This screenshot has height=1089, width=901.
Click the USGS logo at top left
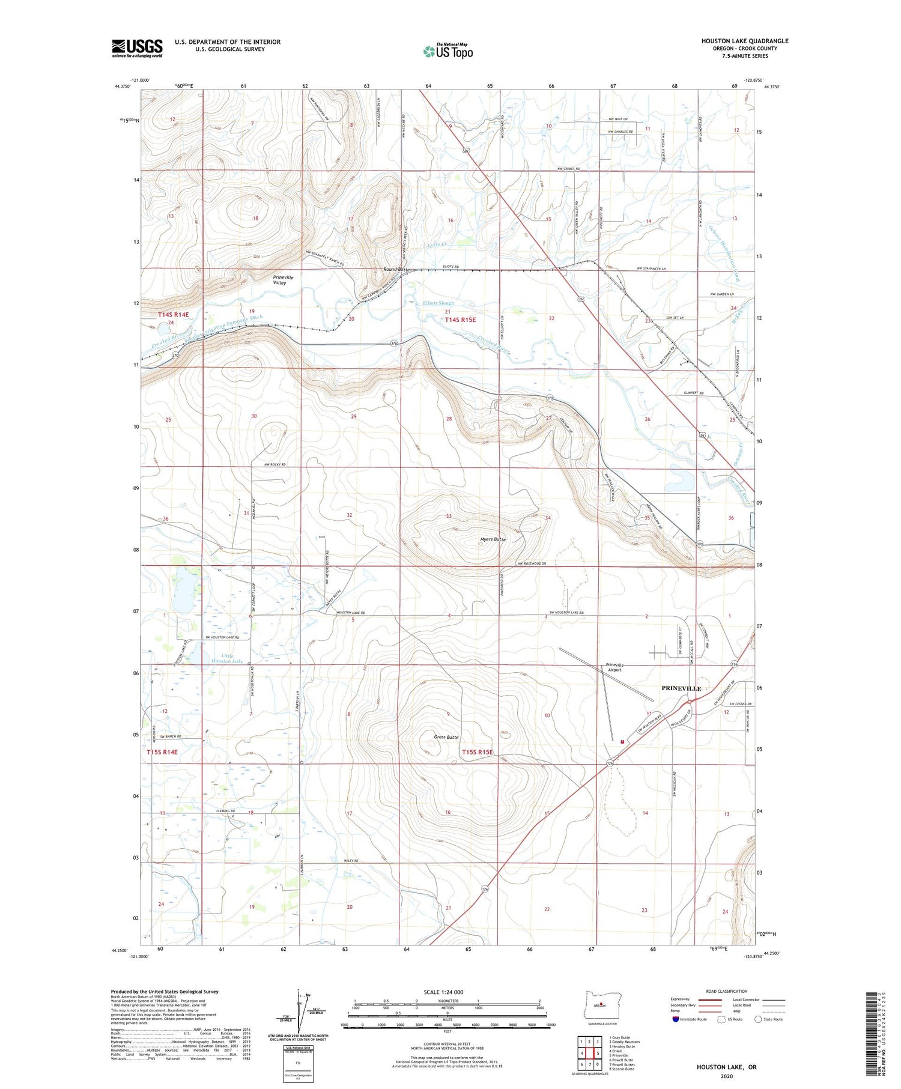[137, 48]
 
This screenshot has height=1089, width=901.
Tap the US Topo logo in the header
[448, 51]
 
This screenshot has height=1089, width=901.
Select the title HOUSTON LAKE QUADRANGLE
[745, 41]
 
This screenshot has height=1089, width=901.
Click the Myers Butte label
[493, 539]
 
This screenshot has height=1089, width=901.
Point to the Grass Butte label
[446, 737]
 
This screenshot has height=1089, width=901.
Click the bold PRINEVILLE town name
[681, 688]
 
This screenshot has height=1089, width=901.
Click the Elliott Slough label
[438, 303]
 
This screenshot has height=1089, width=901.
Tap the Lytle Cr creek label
[437, 245]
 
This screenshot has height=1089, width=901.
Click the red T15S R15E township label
[478, 752]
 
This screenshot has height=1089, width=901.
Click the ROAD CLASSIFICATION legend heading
[727, 991]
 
